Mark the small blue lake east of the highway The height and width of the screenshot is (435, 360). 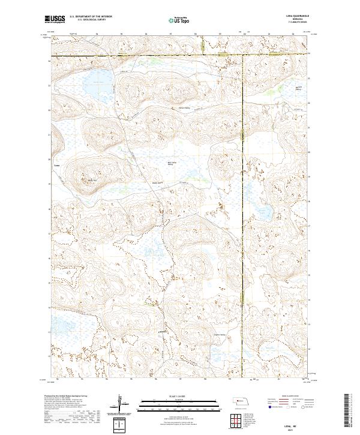click(263, 211)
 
